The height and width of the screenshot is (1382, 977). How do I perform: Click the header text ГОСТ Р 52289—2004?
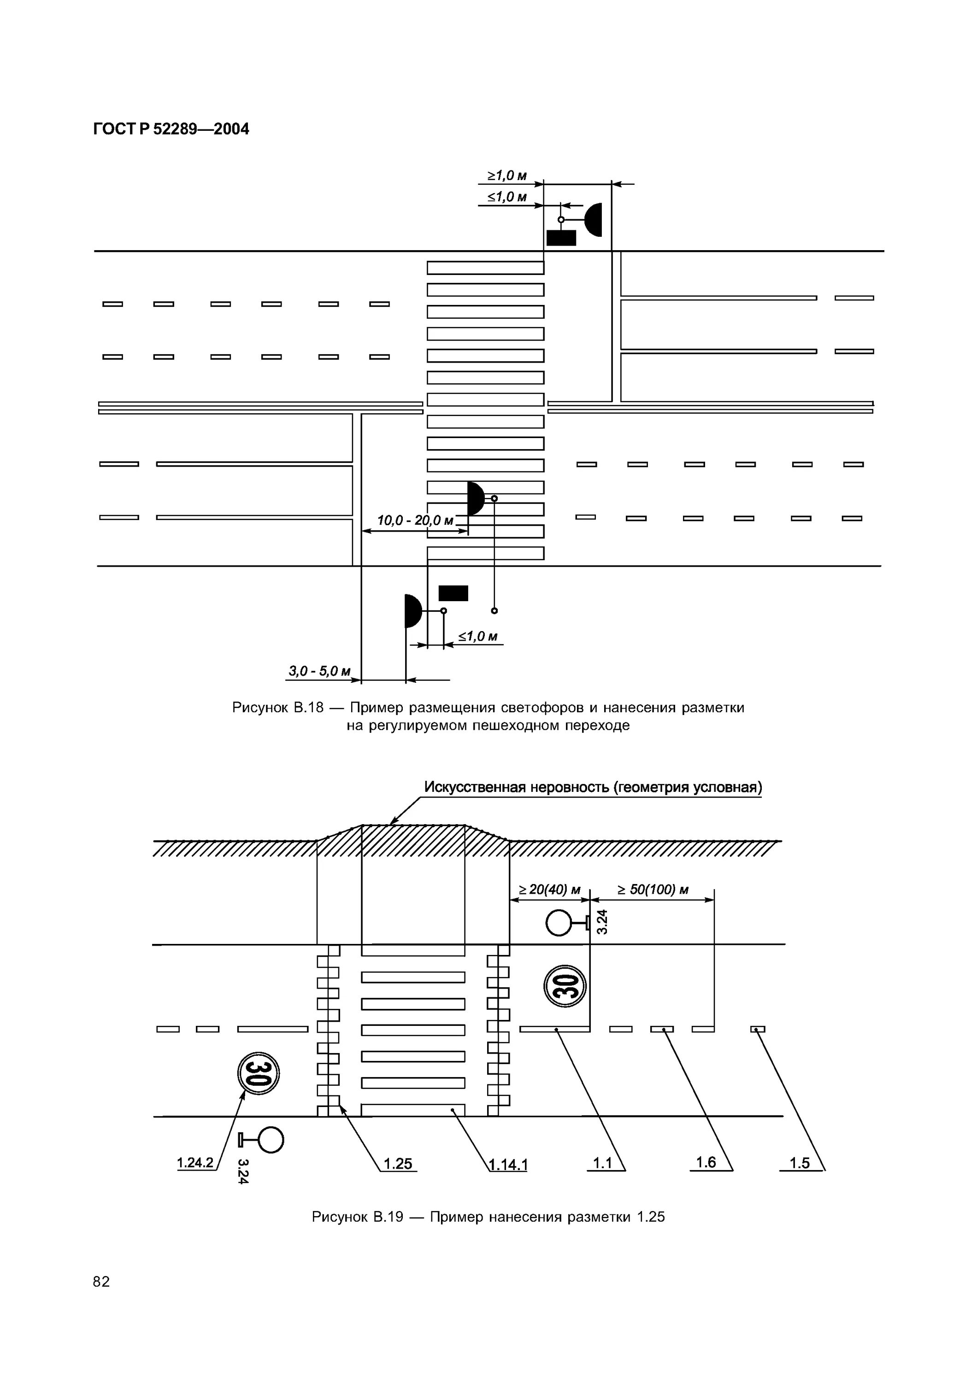171,129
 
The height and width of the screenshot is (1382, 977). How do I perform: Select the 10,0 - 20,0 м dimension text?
415,520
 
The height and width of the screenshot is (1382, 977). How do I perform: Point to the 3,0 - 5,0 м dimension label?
319,671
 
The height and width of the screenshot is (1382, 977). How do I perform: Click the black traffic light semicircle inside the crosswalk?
476,498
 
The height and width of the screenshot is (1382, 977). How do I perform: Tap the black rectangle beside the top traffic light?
561,238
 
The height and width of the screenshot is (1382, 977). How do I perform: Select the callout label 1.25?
398,1164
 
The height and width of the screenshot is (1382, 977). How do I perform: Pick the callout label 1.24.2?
195,1162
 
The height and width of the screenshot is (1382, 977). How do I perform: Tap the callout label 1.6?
706,1162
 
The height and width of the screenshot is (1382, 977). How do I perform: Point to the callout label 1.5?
800,1163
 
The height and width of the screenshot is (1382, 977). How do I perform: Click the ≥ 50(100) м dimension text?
653,889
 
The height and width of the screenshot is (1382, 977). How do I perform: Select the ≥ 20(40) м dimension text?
549,889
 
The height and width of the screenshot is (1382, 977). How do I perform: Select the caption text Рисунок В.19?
357,1217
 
